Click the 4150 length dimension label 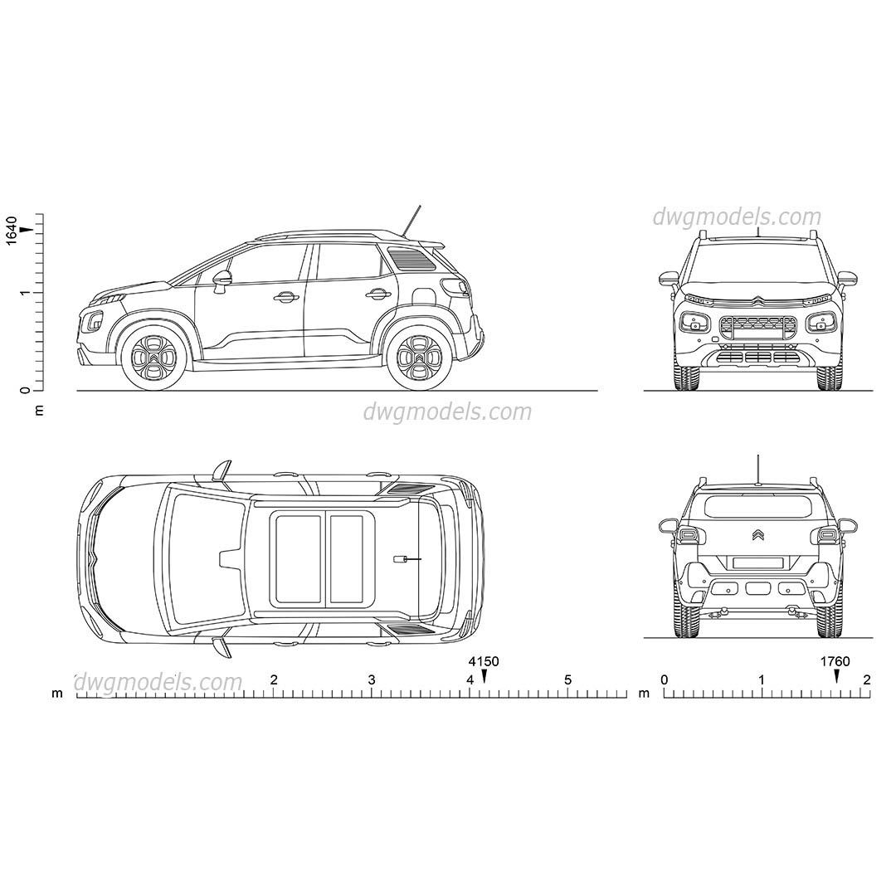[484, 661]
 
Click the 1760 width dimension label [835, 661]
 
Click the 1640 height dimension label [11, 229]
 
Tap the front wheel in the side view [153, 358]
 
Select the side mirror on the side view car [222, 279]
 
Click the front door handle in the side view [286, 296]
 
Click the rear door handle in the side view [377, 293]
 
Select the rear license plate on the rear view [757, 562]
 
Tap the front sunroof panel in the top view [299, 558]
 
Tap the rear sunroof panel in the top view [347, 558]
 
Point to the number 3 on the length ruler [372, 680]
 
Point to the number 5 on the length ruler [568, 680]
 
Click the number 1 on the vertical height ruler [26, 293]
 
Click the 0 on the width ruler [664, 680]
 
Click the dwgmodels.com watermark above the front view [737, 217]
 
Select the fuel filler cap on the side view [423, 295]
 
